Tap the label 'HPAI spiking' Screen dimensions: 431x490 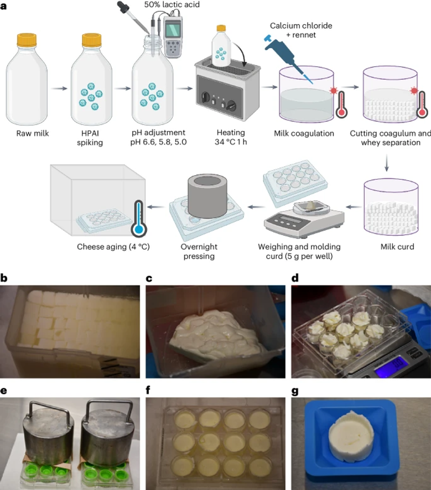click(91, 138)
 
